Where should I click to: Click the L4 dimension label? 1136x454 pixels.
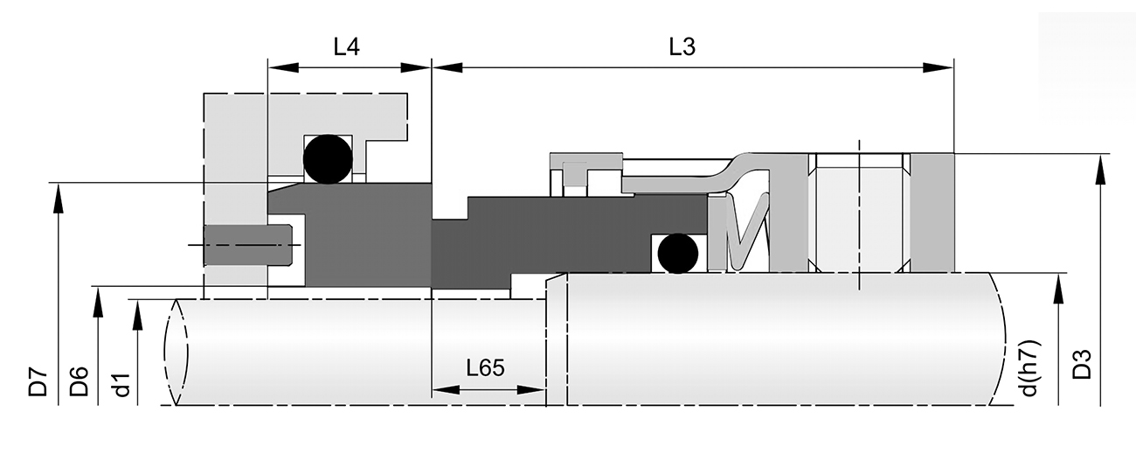tap(347, 47)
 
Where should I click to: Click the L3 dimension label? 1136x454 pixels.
tap(682, 47)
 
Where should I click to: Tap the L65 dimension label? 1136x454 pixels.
tap(485, 367)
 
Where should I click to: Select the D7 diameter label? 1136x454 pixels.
tap(37, 382)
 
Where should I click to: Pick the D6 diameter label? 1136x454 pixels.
tap(80, 382)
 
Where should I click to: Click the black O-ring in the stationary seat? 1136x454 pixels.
tap(327, 159)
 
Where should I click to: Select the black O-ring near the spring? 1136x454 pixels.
tap(678, 254)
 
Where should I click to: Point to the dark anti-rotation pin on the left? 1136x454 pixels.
tap(247, 246)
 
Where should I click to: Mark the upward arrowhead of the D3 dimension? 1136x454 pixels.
tap(1098, 169)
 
